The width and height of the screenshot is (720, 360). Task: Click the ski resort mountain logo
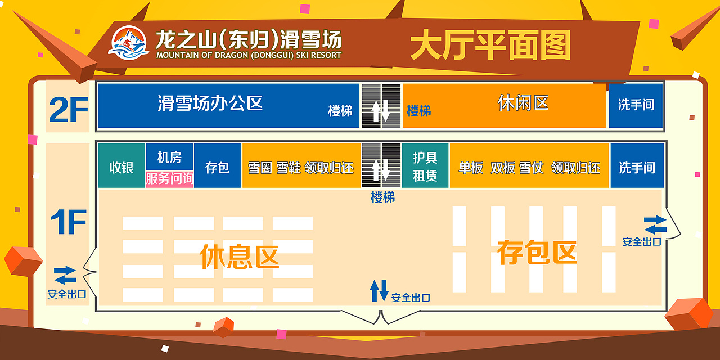128,43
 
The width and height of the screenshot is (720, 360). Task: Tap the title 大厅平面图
490,44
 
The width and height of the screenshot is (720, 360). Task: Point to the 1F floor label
68,222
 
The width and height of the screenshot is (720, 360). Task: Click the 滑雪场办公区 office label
210,103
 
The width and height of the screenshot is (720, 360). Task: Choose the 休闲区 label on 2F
523,103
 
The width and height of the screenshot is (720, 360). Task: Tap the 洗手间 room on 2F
636,105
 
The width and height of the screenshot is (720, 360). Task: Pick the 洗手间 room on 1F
637,167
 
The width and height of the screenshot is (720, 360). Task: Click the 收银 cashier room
121,167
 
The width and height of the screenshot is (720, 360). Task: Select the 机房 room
169,156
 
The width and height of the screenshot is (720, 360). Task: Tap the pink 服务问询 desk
169,179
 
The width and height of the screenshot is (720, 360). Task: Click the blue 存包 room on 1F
217,167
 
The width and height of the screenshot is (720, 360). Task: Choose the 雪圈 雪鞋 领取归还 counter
301,168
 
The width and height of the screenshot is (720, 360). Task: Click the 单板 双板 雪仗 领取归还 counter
529,168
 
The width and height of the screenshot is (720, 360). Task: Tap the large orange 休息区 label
239,256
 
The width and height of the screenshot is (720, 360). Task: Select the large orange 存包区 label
537,252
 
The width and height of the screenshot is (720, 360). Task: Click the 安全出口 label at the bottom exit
411,298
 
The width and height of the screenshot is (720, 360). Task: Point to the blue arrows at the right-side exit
655,224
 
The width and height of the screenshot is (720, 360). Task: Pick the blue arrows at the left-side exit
65,275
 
